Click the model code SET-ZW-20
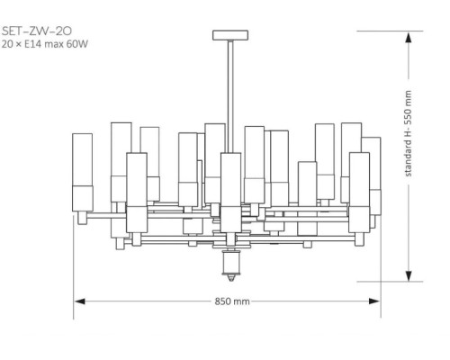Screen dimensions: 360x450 [x=33, y=31]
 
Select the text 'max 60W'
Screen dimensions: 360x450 [x=70, y=44]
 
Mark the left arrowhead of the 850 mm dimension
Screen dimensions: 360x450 [x=77, y=301]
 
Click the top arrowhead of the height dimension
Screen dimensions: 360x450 [x=409, y=35]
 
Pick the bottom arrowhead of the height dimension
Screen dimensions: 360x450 [x=409, y=277]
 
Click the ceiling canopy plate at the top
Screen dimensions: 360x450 [x=231, y=36]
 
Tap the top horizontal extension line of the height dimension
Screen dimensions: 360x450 [x=387, y=31]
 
